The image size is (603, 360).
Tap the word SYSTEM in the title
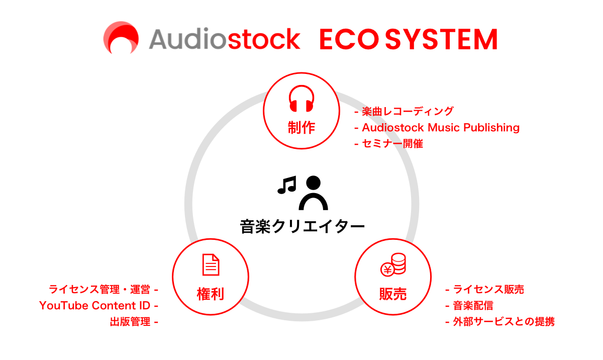442,39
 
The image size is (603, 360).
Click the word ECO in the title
349,39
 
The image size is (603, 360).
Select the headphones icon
301,99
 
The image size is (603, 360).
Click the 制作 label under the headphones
301,127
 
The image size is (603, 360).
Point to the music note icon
287,185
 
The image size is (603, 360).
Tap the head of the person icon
314,183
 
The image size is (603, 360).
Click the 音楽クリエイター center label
302,226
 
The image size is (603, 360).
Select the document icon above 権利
211,264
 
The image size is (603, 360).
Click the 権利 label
210,294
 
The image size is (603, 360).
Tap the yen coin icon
387,269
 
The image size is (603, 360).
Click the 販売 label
393,294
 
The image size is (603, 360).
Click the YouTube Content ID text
95,306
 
